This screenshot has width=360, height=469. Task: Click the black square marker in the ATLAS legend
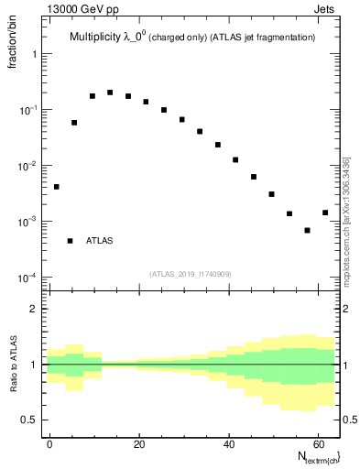tap(70, 241)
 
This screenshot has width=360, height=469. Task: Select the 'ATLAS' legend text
tap(100, 241)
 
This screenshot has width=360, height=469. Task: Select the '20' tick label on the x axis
tap(138, 442)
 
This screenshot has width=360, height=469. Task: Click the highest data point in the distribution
tap(110, 93)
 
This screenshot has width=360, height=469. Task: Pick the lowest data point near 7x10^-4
tap(307, 230)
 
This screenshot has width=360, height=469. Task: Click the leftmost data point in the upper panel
tap(56, 187)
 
